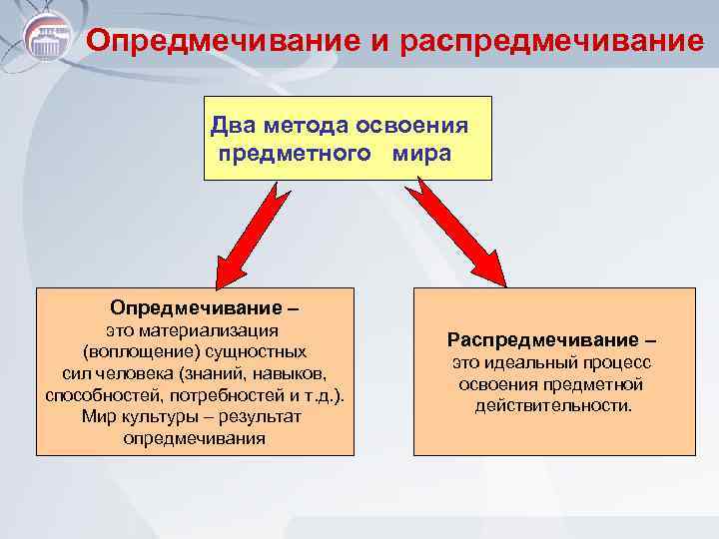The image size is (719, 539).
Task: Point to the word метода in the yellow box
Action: click(x=300, y=126)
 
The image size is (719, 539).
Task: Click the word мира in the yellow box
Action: click(x=420, y=155)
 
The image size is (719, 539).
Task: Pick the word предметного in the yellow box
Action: click(x=291, y=155)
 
